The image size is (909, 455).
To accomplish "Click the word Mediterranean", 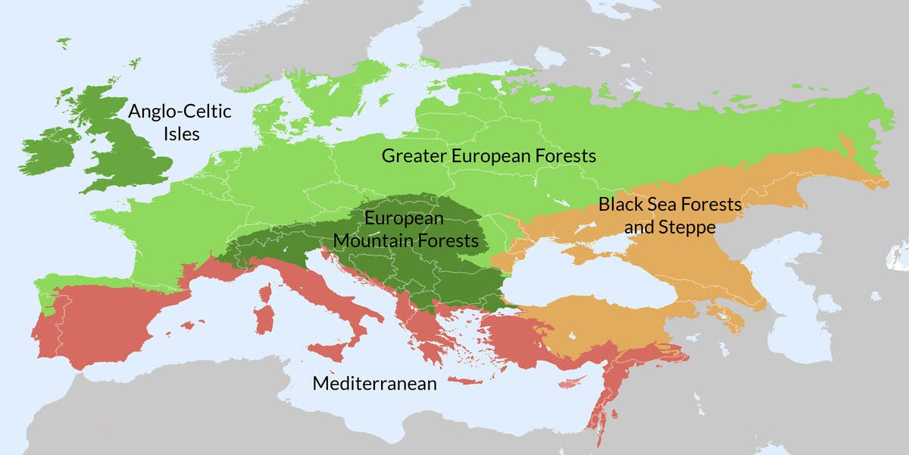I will [x=374, y=384].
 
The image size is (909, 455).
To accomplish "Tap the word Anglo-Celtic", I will [x=180, y=112].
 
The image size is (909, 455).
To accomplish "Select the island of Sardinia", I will [x=264, y=318].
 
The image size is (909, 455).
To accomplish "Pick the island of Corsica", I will [x=267, y=292].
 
